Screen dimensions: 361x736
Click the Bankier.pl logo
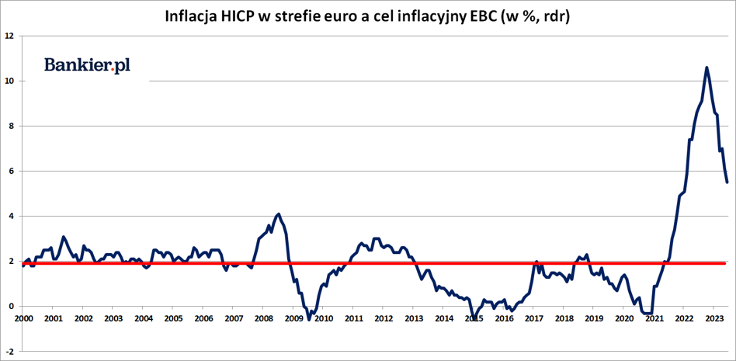coord(87,66)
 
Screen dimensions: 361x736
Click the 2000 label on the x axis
coord(23,318)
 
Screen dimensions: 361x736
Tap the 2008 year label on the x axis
coord(263,318)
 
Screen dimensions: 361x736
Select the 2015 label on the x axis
coord(474,318)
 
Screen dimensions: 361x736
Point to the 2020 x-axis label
coord(623,318)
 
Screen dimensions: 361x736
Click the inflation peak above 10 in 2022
coord(706,68)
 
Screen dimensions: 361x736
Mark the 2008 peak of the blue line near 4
coord(279,213)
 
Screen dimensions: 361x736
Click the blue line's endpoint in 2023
coord(727,182)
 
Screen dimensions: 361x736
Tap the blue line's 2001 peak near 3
coord(64,237)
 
